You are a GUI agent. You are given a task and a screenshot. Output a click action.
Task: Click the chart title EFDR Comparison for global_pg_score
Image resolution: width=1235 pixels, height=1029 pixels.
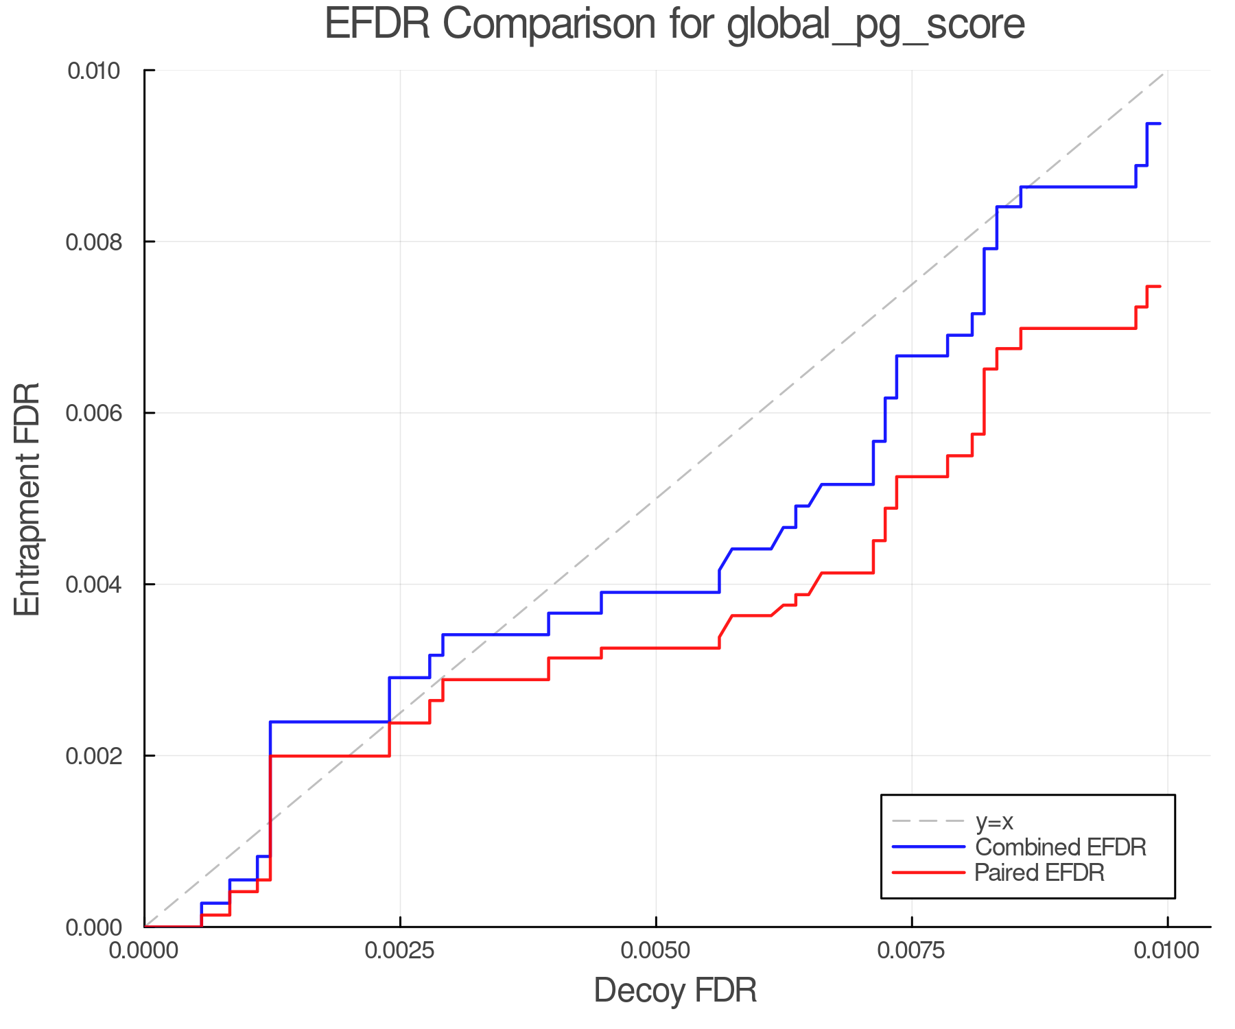[x=674, y=25]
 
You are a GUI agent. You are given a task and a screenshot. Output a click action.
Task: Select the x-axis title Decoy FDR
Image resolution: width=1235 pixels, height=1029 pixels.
[x=674, y=991]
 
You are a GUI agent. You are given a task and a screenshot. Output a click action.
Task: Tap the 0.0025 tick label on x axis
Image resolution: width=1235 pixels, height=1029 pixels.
[x=400, y=951]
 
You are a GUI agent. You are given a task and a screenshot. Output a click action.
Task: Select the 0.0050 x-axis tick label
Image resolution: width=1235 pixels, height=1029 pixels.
[x=656, y=951]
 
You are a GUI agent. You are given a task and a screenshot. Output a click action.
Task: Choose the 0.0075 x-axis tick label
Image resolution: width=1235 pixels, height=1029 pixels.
[x=912, y=951]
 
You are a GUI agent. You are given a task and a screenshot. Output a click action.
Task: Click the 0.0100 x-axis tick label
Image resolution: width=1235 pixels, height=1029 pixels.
[x=1167, y=951]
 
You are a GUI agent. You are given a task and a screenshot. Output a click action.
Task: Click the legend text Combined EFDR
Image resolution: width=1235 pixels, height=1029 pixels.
[x=1060, y=847]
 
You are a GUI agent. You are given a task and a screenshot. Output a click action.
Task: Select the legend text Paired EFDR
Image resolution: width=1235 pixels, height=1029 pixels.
[x=1039, y=873]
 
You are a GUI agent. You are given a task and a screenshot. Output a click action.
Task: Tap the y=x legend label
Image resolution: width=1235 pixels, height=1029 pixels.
[x=994, y=821]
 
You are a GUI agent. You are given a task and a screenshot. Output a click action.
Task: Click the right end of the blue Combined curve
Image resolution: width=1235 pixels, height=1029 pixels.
[x=1160, y=123]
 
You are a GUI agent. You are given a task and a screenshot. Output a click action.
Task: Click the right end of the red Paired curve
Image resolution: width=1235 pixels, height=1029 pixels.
[x=1160, y=286]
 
